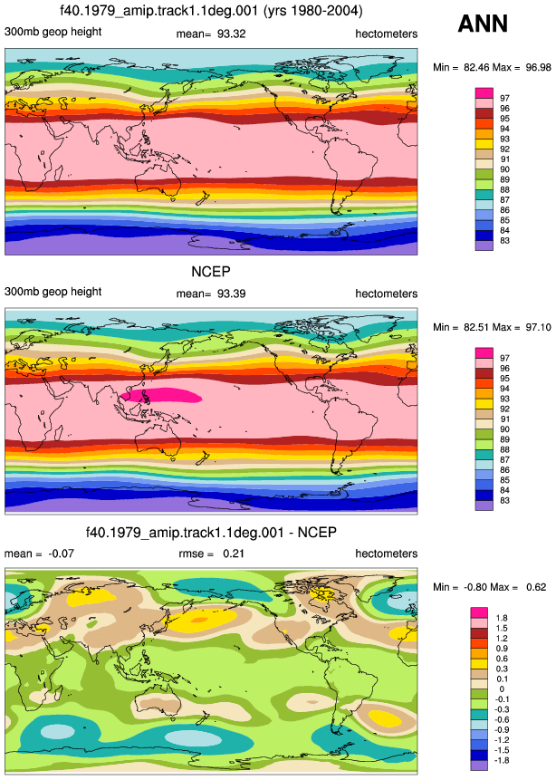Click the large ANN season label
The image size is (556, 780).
point(483,24)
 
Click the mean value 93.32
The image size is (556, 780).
point(231,34)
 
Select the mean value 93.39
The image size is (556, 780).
point(231,294)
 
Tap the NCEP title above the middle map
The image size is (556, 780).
point(211,272)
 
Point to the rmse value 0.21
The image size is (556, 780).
point(234,554)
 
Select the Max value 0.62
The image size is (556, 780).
point(536,587)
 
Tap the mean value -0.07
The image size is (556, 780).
point(61,554)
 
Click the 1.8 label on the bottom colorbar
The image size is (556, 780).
point(502,619)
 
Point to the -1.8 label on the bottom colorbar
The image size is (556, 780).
point(502,761)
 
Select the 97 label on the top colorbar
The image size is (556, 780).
point(504,99)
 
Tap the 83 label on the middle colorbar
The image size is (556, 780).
point(504,500)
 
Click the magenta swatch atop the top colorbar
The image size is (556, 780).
point(484,93)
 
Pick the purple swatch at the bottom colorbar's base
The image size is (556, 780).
point(479,766)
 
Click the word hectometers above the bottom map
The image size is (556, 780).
point(387,554)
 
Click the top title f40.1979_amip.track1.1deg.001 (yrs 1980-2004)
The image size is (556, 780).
point(211,11)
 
